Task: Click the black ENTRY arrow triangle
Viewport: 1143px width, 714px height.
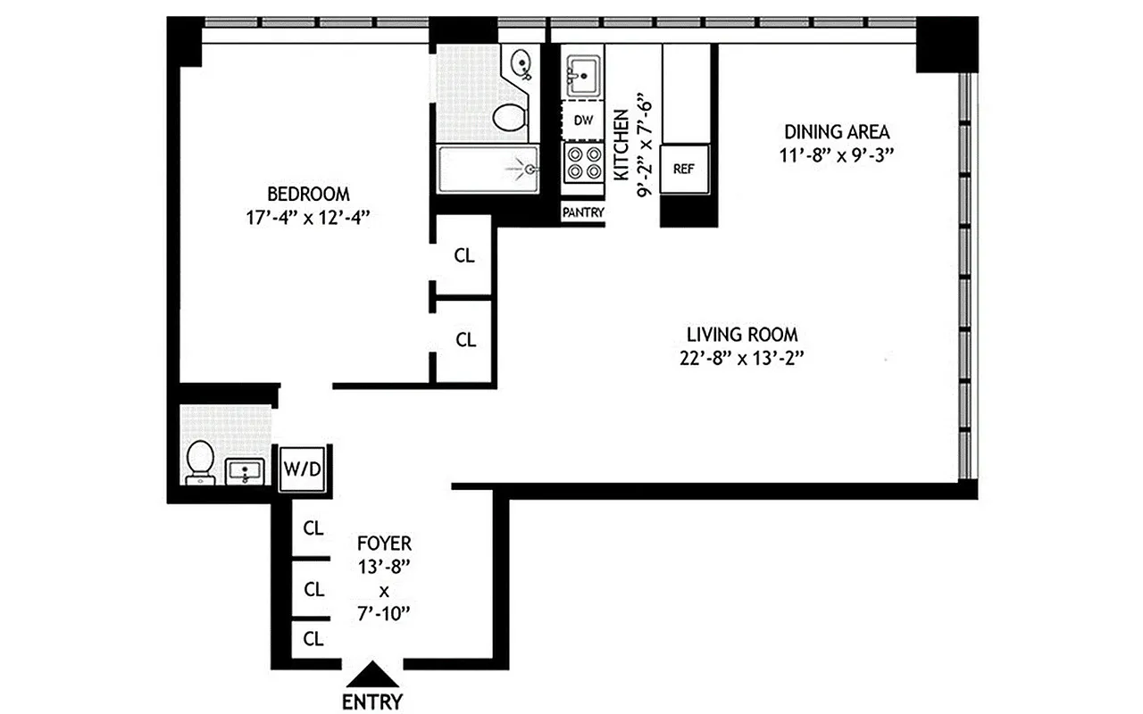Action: pos(372,674)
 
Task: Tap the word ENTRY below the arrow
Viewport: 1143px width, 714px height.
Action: pos(372,702)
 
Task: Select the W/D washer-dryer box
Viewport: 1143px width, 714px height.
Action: pos(301,468)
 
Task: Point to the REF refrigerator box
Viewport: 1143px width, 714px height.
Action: pos(684,168)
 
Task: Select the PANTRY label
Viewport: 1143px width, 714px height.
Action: pos(583,212)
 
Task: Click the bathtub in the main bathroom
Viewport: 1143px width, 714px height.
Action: pos(488,169)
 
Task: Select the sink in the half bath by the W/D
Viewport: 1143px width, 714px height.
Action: pos(244,470)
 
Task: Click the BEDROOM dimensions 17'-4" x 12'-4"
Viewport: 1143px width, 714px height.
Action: pos(308,217)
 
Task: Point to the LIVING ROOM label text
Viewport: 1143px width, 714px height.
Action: pos(742,335)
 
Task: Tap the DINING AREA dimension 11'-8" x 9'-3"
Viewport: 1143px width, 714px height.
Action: pos(836,154)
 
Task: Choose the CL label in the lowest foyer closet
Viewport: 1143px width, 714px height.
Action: pos(313,638)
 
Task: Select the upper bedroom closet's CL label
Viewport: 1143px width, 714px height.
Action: pos(464,255)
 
